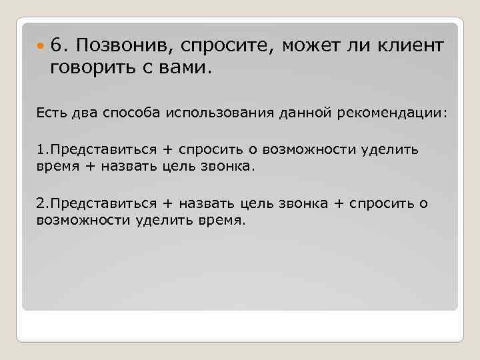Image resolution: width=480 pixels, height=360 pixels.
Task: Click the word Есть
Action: tap(51, 113)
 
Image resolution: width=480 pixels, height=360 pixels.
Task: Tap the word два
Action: tap(86, 113)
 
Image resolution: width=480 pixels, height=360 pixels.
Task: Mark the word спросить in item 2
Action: tap(380, 204)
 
